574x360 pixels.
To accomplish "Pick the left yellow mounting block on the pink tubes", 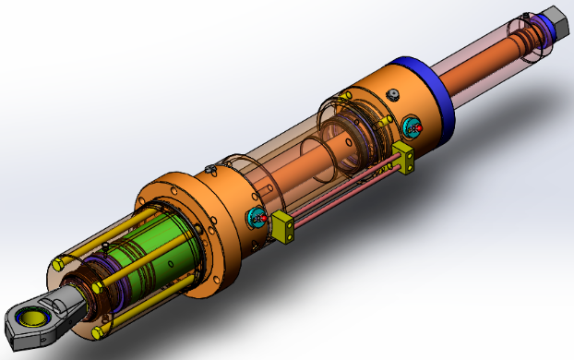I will [282, 228].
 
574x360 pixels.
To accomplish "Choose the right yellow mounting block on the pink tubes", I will [403, 156].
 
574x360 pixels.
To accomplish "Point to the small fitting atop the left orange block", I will [211, 168].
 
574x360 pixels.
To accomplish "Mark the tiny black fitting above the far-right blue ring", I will [528, 15].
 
